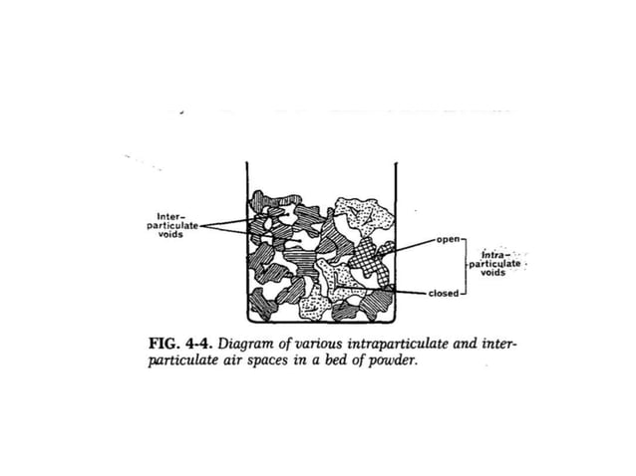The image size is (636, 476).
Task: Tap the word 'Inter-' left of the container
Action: coord(168,213)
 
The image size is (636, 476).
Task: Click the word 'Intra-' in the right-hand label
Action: coord(495,256)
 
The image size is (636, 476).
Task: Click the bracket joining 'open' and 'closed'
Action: coord(465,267)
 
